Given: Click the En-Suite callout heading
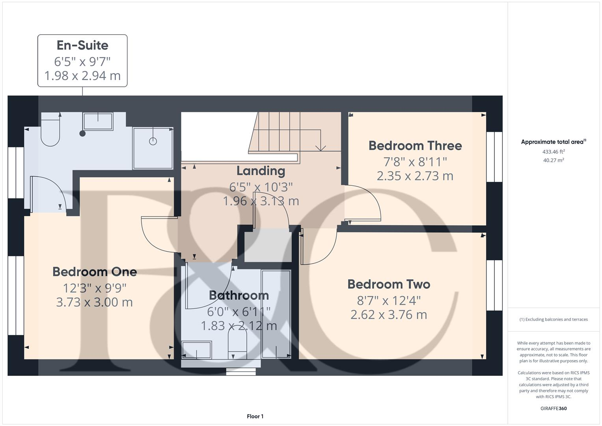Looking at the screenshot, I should [82, 45].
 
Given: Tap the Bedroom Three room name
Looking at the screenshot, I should [415, 146].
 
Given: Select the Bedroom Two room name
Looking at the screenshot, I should [389, 284].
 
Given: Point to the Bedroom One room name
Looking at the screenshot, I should [95, 272].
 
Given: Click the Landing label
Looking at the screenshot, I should [261, 171].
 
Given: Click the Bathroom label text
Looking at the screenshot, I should [239, 295].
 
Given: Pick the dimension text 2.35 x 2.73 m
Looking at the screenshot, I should [415, 176].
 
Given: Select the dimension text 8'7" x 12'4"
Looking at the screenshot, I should [389, 301].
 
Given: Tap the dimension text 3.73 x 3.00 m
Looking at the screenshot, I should [95, 303].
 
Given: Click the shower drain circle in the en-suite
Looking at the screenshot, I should [153, 141].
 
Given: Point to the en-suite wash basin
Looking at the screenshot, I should [98, 121].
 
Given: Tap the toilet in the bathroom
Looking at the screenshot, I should [237, 340].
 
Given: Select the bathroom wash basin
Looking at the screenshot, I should [197, 349].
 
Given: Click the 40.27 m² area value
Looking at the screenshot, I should [554, 160].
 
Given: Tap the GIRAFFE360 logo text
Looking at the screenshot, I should [554, 408].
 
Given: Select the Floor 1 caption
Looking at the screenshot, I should [255, 416].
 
